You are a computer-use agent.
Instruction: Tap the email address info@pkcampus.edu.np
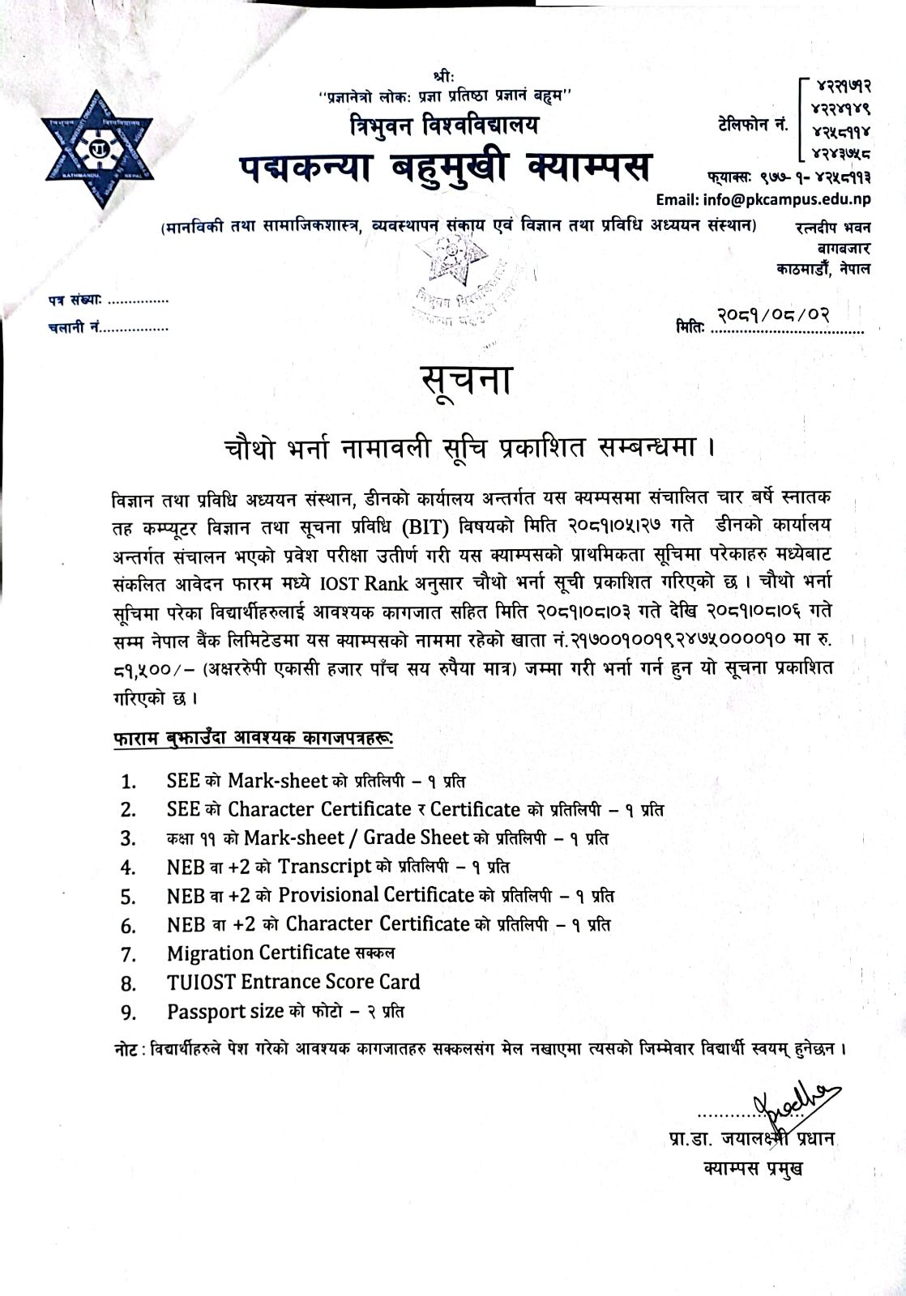[763, 199]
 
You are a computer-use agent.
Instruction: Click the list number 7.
[128, 955]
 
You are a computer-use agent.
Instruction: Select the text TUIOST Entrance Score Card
[293, 983]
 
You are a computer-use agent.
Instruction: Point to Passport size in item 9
[225, 1012]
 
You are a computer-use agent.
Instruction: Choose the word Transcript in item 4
[325, 866]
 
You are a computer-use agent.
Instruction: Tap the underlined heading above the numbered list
[252, 738]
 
